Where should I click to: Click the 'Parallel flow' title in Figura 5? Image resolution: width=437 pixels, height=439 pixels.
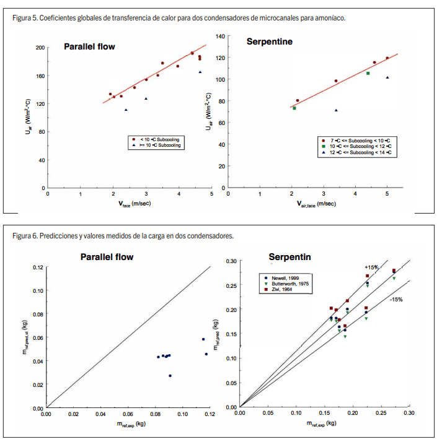click(89, 46)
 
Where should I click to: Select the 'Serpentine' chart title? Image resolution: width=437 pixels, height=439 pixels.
click(270, 42)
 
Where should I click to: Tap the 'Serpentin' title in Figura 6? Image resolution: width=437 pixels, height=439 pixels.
click(289, 257)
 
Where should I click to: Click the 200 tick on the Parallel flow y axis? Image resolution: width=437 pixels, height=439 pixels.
click(40, 47)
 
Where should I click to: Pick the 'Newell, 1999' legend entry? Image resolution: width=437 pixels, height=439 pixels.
click(287, 278)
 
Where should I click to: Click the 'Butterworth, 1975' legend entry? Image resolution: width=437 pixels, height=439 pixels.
click(292, 284)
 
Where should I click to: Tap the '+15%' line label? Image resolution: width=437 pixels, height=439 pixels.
click(371, 267)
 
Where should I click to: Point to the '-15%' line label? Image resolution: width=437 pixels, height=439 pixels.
click(396, 300)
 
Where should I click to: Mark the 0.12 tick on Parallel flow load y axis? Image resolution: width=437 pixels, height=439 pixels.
click(38, 267)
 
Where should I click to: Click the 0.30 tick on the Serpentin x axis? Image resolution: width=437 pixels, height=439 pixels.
click(409, 412)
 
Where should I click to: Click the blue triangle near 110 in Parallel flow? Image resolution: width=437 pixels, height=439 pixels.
click(126, 110)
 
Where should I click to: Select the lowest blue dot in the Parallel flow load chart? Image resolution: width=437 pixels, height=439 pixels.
click(170, 375)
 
